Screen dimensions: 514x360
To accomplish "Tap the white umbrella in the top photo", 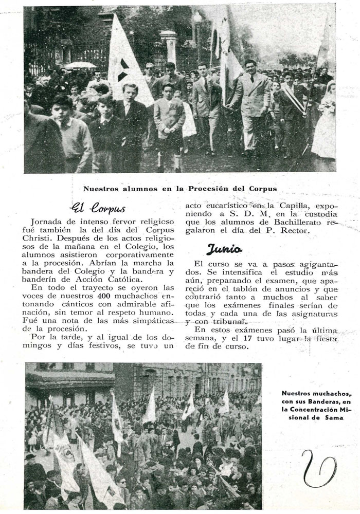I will (81, 65).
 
